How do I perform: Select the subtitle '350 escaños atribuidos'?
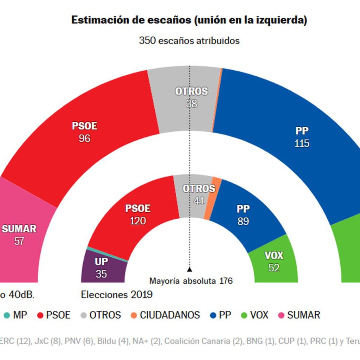pyautogui.click(x=189, y=41)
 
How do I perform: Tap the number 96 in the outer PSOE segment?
pyautogui.click(x=84, y=138)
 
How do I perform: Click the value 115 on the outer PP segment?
pyautogui.click(x=302, y=143)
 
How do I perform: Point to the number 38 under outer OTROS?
pyautogui.click(x=192, y=104)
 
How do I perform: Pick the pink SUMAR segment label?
pyautogui.click(x=19, y=229)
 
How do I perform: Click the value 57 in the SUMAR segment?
pyautogui.click(x=19, y=241)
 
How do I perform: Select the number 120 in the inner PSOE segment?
pyautogui.click(x=138, y=221)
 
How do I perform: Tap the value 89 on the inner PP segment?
pyautogui.click(x=243, y=221)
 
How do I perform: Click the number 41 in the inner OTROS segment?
pyautogui.click(x=199, y=201)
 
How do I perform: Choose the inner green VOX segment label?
pyautogui.click(x=274, y=255)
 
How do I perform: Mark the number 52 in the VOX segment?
pyautogui.click(x=274, y=268)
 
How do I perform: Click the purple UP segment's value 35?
pyautogui.click(x=101, y=274)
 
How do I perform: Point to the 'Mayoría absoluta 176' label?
pyautogui.click(x=191, y=281)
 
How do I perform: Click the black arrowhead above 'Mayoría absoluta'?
pyautogui.click(x=189, y=270)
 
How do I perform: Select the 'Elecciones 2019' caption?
pyautogui.click(x=117, y=295)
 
